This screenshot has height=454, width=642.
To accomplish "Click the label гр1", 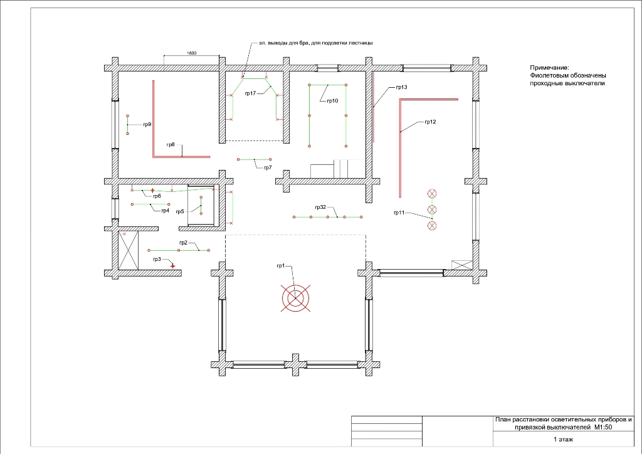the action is pyautogui.click(x=280, y=266).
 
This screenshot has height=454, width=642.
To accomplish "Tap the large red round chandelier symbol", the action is pyautogui.click(x=295, y=298).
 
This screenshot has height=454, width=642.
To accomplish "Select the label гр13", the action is pyautogui.click(x=401, y=87).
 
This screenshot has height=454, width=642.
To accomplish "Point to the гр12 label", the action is pyautogui.click(x=430, y=122).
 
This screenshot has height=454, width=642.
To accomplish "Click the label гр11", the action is pyautogui.click(x=399, y=213).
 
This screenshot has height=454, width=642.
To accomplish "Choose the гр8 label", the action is pyautogui.click(x=171, y=144).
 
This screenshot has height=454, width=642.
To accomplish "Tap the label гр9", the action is pyautogui.click(x=147, y=124).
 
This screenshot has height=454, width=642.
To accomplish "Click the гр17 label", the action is pyautogui.click(x=251, y=93).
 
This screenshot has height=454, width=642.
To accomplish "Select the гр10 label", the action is pyautogui.click(x=332, y=101).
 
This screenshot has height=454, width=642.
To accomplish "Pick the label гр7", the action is pyautogui.click(x=268, y=167).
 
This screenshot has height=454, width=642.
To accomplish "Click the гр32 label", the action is pyautogui.click(x=320, y=207).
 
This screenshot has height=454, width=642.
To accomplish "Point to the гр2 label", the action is pyautogui.click(x=183, y=243).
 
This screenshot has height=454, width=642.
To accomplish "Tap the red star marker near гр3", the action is pyautogui.click(x=173, y=266).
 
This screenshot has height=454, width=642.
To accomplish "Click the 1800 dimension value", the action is pyautogui.click(x=192, y=53).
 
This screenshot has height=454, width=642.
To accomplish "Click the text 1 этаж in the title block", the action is pyautogui.click(x=564, y=439).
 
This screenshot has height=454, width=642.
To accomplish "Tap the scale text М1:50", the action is pyautogui.click(x=603, y=428).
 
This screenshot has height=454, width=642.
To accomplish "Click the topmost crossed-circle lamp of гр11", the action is pyautogui.click(x=432, y=194).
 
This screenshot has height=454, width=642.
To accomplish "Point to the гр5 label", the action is pyautogui.click(x=180, y=212).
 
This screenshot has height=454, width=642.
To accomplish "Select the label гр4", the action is pyautogui.click(x=165, y=211).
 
